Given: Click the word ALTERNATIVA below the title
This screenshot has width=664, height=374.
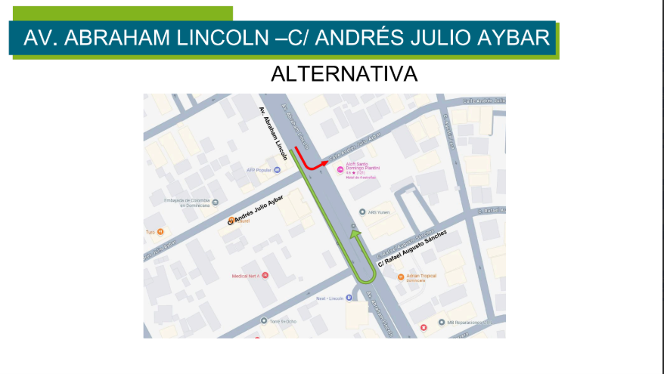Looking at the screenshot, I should click(344, 74).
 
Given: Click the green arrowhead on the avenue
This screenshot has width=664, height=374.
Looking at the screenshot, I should click(353, 235).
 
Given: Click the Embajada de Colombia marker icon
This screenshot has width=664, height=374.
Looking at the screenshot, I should click(215, 202).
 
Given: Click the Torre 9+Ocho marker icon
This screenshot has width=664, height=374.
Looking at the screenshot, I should click(264, 321).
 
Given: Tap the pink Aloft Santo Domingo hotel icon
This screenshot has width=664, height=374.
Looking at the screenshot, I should click(340, 169).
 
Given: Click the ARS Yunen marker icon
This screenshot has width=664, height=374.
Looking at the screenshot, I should click(362, 212).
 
